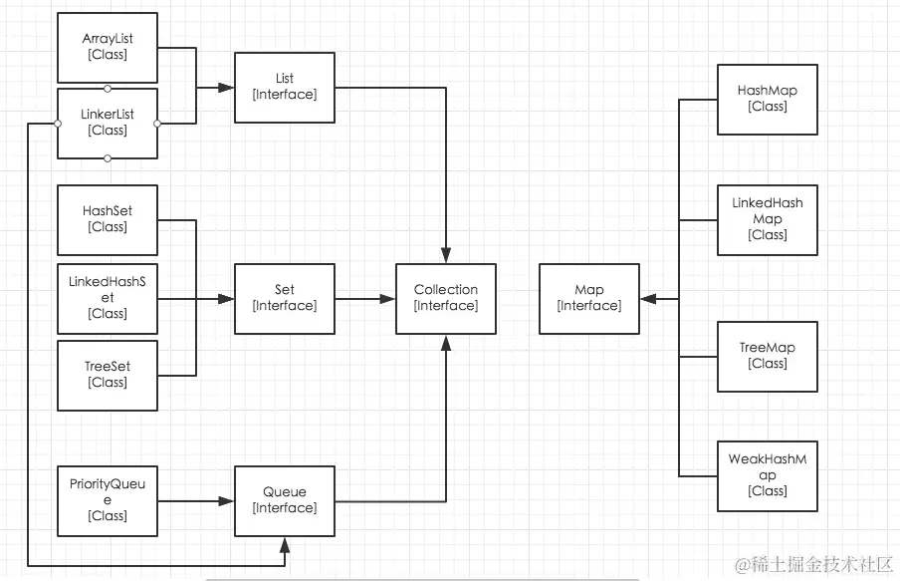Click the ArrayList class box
pos(108,47)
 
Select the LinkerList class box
pos(108,123)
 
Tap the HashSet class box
pos(108,219)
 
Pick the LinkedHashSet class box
pos(108,298)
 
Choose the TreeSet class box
pos(108,375)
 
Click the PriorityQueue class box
pos(108,500)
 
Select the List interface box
pos(285,87)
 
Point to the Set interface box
pos(285,298)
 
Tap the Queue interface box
pos(285,500)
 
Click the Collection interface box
pos(446,298)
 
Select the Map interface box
pos(589,298)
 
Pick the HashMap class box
pos(768,99)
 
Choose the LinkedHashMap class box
pos(768,219)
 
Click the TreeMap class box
pos(768,356)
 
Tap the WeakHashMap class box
pos(768,475)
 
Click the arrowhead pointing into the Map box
pos(648,298)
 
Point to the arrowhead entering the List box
pos(228,88)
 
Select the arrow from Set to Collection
pos(364,298)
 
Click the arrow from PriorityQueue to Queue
pos(195,500)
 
